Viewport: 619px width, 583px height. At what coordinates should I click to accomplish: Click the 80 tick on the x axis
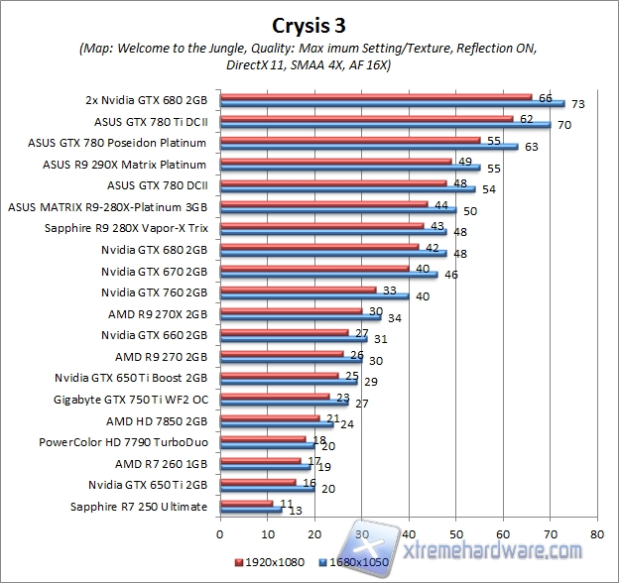[595, 532]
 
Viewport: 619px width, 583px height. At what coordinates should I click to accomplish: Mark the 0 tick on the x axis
[220, 532]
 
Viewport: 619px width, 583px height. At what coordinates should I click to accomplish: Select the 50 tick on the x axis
[455, 532]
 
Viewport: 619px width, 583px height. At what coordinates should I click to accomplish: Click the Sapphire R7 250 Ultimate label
[139, 507]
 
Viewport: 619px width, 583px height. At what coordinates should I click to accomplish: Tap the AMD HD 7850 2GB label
[161, 420]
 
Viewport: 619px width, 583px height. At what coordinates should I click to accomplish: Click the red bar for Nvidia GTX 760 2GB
[298, 291]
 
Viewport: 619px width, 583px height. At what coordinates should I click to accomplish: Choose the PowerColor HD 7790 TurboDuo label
[123, 442]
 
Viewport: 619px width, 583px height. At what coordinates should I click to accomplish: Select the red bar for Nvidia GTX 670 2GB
[313, 268]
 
